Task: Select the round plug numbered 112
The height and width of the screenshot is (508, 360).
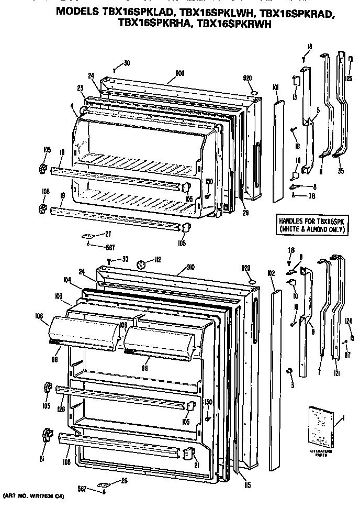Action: click(x=141, y=265)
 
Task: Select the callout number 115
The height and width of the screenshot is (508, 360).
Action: click(x=248, y=485)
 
